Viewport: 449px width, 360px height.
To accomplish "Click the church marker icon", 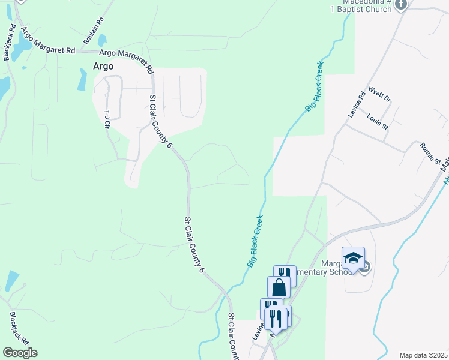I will click(401, 5).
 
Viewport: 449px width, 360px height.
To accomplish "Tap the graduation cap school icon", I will click(353, 259).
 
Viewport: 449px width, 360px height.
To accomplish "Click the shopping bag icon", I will click(279, 287).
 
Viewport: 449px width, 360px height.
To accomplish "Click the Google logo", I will click(20, 353).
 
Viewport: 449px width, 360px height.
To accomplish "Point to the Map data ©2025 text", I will click(424, 355).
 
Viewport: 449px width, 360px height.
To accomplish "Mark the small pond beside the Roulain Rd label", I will click(102, 40).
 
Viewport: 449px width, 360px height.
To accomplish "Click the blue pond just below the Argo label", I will click(82, 80).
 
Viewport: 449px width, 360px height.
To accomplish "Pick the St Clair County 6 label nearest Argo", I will click(160, 121).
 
